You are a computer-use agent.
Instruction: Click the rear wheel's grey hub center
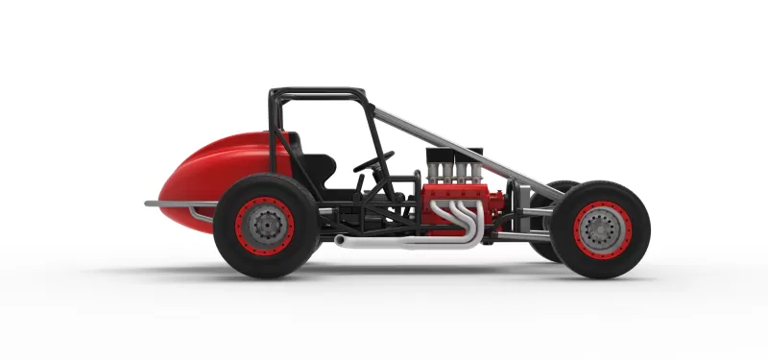(264, 225)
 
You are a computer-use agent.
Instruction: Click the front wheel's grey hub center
(602, 228)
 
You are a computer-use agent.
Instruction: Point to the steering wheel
(372, 162)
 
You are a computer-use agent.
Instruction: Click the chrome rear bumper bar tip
(150, 204)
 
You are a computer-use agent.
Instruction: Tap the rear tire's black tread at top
(266, 180)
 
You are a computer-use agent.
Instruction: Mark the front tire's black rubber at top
(602, 184)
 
